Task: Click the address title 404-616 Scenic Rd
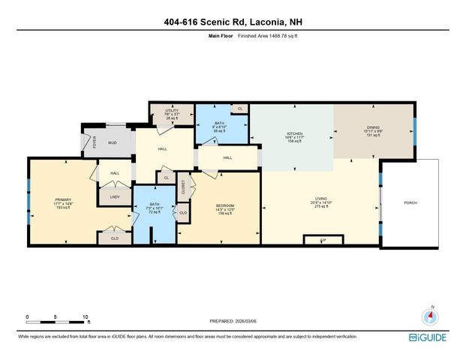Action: tap(233, 21)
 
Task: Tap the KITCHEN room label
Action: tap(293, 133)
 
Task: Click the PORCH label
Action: tap(410, 202)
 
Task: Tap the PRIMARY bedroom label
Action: tap(62, 199)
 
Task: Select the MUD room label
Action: tap(113, 142)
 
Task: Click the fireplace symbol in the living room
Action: tap(323, 240)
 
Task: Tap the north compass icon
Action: tap(431, 316)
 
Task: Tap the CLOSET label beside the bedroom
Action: tap(182, 190)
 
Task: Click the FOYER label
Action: tap(95, 142)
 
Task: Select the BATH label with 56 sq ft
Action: tap(220, 122)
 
